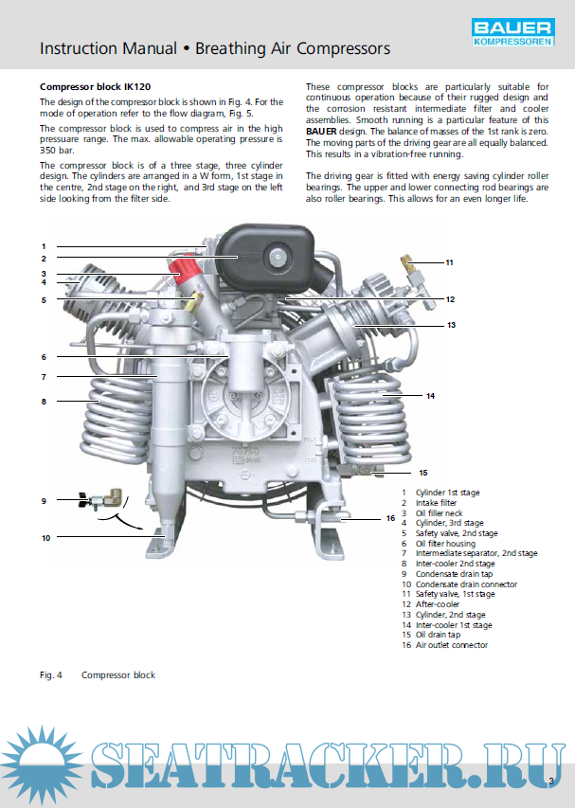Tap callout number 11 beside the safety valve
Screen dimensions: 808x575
449,261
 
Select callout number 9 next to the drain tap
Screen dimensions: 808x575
44,499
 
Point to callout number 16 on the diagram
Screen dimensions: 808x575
389,518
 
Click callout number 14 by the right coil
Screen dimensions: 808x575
430,396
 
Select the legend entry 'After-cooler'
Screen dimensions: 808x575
437,604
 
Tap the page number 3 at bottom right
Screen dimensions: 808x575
549,781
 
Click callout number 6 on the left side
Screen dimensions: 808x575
44,357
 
